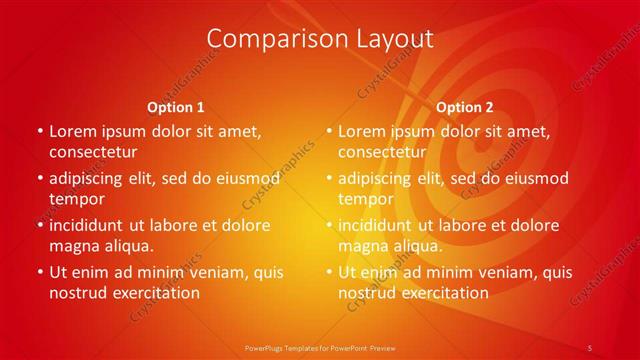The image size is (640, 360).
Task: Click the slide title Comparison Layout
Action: click(x=320, y=39)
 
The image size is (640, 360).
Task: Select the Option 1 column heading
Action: click(x=176, y=107)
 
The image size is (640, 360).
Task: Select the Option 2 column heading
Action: click(x=465, y=107)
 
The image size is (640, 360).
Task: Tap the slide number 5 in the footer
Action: click(x=590, y=347)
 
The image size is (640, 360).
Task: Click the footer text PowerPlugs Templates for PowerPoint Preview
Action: click(x=320, y=347)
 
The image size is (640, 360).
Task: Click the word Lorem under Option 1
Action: click(x=73, y=131)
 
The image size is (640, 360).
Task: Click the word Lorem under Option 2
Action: click(x=362, y=131)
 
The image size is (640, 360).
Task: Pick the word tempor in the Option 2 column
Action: click(x=367, y=199)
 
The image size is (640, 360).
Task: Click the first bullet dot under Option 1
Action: click(x=39, y=132)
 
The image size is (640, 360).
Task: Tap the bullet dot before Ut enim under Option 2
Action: click(x=328, y=272)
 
